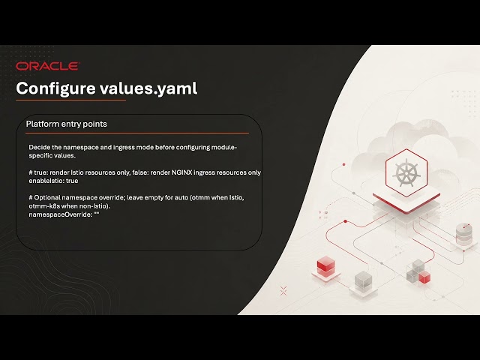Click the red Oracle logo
coord(48,66)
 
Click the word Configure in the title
coord(55,88)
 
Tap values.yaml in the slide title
coord(148,88)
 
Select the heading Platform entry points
coord(67,124)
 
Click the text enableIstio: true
coord(53,181)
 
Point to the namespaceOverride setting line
coord(64,214)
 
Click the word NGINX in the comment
coord(181,172)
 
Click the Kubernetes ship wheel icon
coord(406,173)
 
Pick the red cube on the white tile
coord(325,265)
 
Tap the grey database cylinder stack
coord(463,234)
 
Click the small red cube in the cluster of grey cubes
coord(424,277)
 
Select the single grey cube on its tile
coord(363,280)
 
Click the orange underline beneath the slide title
coord(71,100)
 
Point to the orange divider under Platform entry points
coord(137,133)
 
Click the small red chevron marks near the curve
coord(283,291)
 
